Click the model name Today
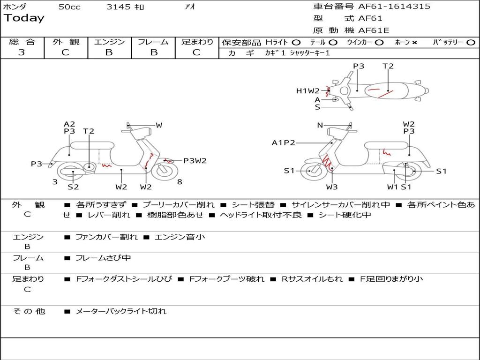24,18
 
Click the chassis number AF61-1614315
394,7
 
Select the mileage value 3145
119,7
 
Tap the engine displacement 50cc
69,7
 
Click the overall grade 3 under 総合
22,52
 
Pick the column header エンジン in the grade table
109,42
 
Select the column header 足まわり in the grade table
197,42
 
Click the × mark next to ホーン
414,43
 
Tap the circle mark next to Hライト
296,43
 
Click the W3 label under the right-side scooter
332,187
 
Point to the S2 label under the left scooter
73,187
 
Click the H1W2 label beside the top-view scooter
307,91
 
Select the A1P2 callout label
283,142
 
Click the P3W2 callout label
195,161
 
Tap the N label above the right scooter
320,125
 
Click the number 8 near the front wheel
180,182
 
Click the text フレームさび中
103,258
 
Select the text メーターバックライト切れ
121,311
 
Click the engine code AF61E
374,30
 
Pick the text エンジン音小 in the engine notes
180,237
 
